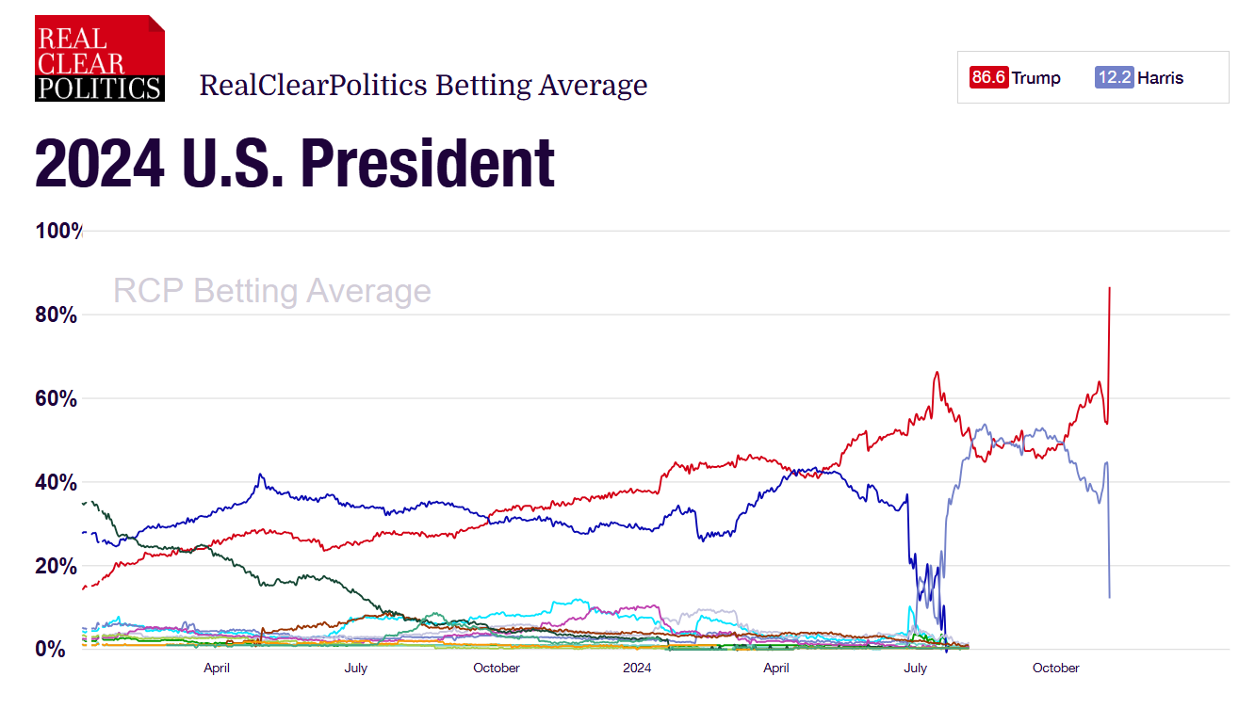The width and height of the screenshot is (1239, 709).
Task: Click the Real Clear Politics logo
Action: click(x=100, y=58)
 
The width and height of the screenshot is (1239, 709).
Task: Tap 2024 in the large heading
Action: click(x=95, y=164)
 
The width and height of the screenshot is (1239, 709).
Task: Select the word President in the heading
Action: click(x=428, y=164)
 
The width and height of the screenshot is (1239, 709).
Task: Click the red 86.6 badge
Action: click(x=989, y=77)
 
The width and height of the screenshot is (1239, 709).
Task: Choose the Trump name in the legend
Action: click(x=1036, y=77)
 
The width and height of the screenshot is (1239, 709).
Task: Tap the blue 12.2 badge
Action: click(x=1115, y=77)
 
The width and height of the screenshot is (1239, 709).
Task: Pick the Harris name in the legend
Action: click(x=1161, y=77)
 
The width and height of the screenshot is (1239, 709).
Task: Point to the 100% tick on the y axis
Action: click(x=58, y=231)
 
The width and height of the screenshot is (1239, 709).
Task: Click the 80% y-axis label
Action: click(x=57, y=314)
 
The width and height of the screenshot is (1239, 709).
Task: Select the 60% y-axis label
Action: click(x=57, y=398)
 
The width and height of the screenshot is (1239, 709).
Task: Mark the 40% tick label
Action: click(x=57, y=482)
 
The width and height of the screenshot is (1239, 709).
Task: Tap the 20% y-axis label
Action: click(x=57, y=566)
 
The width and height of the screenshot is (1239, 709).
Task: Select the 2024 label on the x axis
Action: click(x=637, y=669)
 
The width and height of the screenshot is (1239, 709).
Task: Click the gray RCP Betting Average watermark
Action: click(x=271, y=291)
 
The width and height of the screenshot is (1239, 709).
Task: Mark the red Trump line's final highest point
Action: click(x=1110, y=288)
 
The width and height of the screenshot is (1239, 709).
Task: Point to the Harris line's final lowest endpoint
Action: click(x=1110, y=597)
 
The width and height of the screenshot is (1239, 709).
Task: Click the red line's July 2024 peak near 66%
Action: click(x=937, y=372)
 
